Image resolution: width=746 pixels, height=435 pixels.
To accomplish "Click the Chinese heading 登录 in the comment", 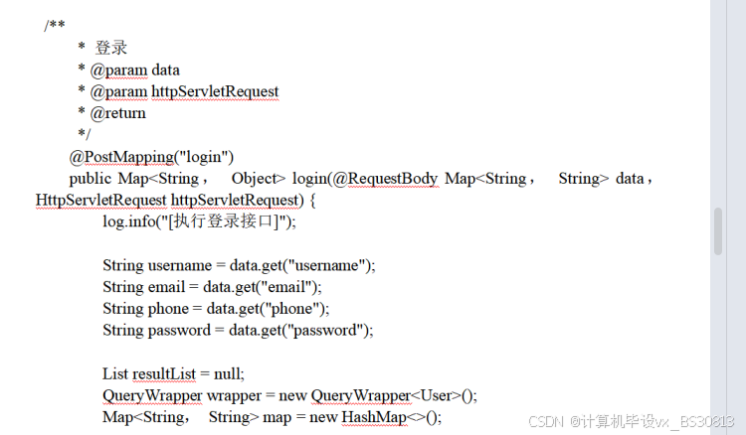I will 111,48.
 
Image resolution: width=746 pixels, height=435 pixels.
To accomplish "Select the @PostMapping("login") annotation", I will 151,157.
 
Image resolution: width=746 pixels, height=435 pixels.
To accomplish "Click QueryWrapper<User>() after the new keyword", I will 394,395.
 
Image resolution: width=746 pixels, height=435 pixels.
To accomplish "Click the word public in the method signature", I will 91,179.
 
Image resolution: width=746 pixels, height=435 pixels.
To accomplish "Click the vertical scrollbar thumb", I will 718,232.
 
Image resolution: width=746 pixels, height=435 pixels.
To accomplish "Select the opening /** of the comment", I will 55,26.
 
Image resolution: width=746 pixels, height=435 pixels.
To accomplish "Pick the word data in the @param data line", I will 166,70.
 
